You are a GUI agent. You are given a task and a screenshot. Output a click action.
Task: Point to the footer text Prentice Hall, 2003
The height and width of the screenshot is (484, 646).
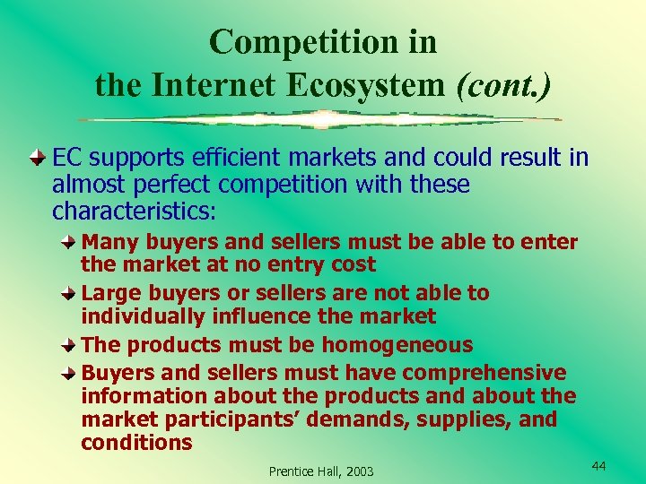322,471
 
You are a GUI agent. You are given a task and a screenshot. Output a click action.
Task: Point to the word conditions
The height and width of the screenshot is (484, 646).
136,442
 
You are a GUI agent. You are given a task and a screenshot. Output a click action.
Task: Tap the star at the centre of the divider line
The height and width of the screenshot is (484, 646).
322,118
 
